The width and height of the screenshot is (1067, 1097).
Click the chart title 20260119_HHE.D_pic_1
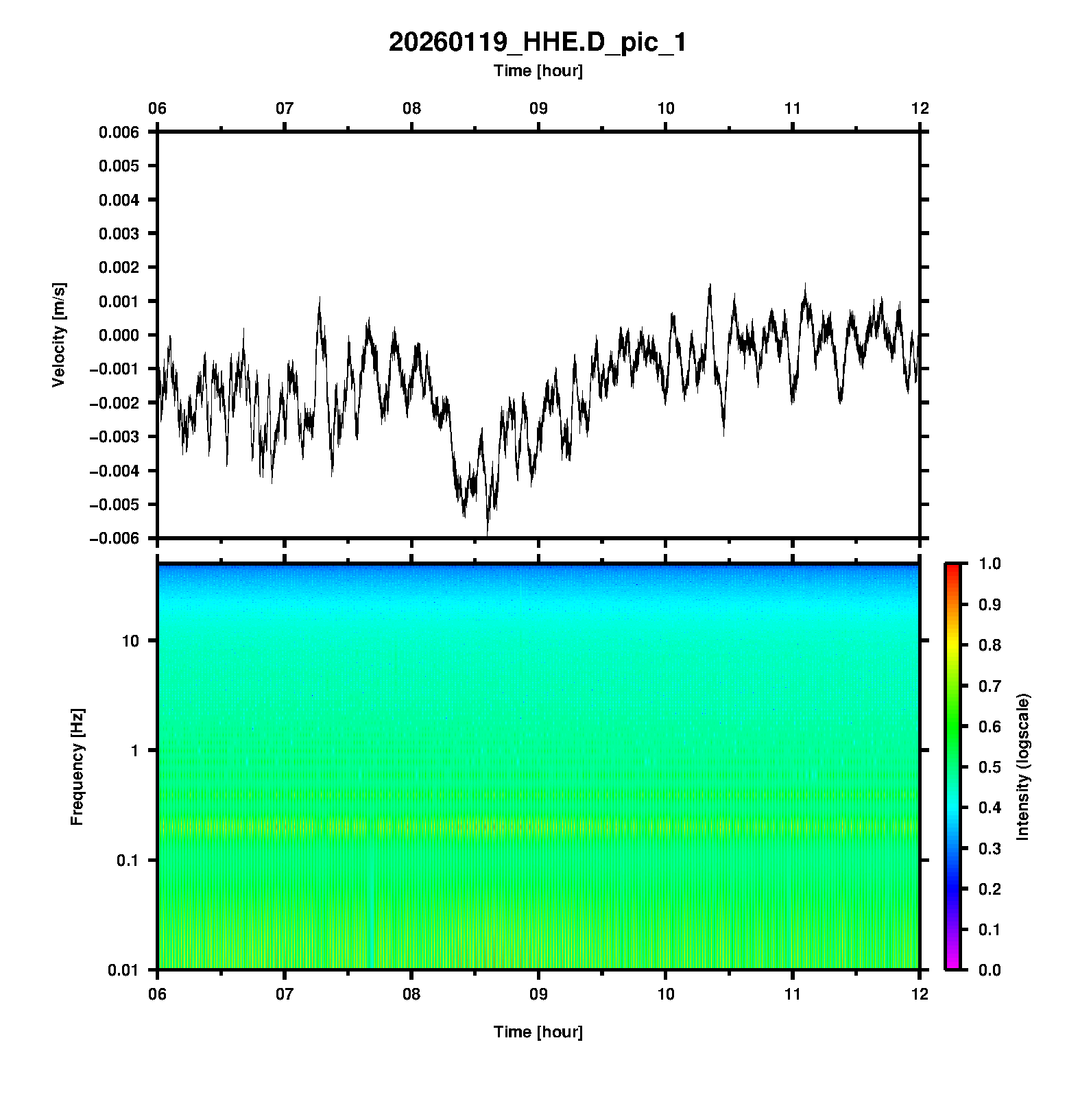(x=537, y=43)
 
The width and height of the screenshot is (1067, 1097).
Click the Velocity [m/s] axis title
(x=59, y=335)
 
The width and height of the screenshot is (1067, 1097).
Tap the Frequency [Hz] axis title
(x=77, y=767)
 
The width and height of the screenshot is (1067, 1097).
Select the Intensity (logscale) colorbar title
(x=1023, y=767)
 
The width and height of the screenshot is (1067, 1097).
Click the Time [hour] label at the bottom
(x=538, y=1032)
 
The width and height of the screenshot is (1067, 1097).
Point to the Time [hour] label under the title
(x=538, y=71)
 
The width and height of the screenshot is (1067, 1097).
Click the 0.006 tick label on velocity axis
(x=119, y=132)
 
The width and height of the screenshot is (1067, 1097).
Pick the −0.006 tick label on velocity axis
(x=114, y=539)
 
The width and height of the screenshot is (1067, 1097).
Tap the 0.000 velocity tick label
(x=119, y=335)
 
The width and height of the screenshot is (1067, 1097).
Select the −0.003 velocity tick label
(x=114, y=437)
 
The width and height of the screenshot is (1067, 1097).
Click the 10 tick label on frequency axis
(x=130, y=641)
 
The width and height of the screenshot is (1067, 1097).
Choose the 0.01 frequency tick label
(x=124, y=969)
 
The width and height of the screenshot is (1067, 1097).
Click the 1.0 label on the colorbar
(x=991, y=564)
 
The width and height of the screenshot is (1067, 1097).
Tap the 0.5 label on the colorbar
(x=991, y=767)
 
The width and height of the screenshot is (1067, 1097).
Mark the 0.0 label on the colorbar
(x=991, y=969)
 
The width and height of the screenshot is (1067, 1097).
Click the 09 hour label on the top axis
(x=538, y=108)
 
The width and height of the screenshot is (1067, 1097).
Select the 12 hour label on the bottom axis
(x=920, y=993)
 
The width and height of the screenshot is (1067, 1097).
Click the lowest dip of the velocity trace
(x=488, y=534)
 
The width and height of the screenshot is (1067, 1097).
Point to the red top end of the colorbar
(x=952, y=567)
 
